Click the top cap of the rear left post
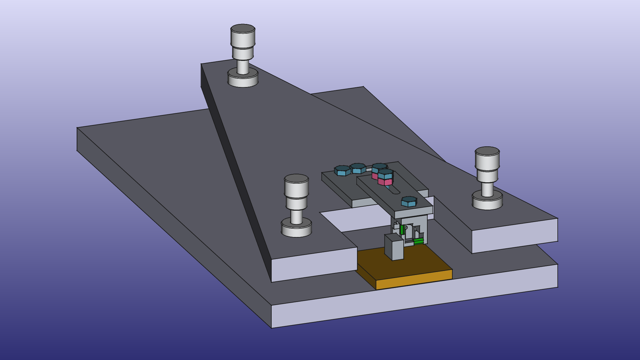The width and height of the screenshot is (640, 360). pyautogui.click(x=243, y=29)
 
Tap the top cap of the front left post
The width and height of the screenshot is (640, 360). pyautogui.click(x=296, y=179)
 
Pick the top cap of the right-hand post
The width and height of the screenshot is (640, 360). pyautogui.click(x=487, y=151)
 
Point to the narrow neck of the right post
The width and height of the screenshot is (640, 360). pyautogui.click(x=487, y=189)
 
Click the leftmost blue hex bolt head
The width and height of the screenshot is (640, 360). pyautogui.click(x=342, y=170)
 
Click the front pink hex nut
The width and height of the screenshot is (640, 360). pyautogui.click(x=385, y=182)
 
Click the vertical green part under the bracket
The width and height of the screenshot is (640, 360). pyautogui.click(x=402, y=230)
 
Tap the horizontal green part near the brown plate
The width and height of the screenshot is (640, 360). pyautogui.click(x=418, y=241)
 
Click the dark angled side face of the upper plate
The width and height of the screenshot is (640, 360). pyautogui.click(x=233, y=167)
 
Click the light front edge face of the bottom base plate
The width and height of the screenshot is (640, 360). pyautogui.click(x=413, y=300)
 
